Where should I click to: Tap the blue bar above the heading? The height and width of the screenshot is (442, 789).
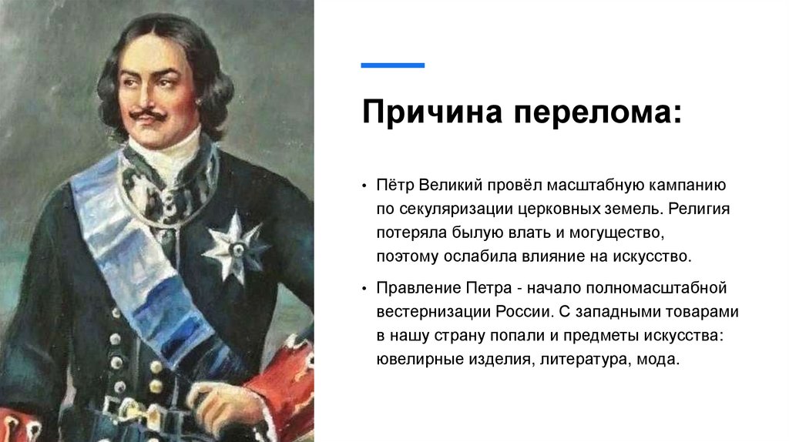(x=393, y=65)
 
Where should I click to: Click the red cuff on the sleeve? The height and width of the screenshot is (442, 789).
(x=287, y=385)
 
